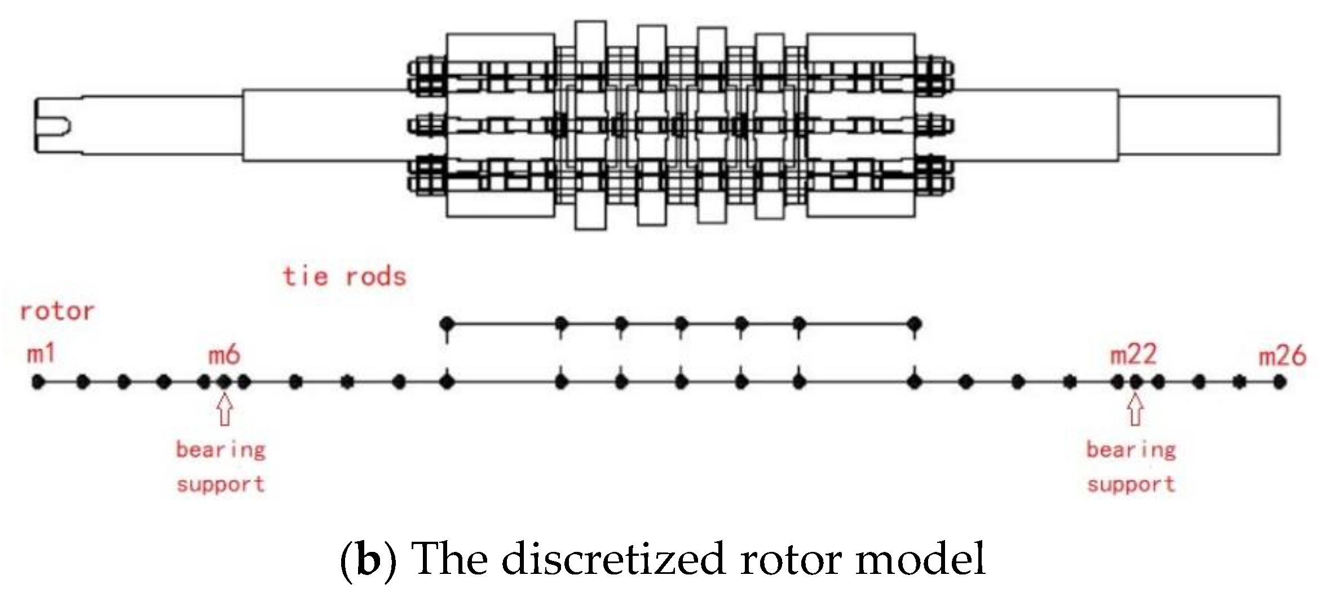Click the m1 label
coord(41,354)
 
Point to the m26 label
coord(1283,356)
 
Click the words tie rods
coord(345,277)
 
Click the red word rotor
coord(57,311)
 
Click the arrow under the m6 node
coord(224,410)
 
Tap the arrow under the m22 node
coord(1136,410)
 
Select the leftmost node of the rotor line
coord(38,382)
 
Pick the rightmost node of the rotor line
coord(1280,382)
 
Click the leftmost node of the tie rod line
coord(447,324)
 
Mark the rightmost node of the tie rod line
coord(915,324)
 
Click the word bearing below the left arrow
coord(220,450)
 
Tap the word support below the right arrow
coord(1131,484)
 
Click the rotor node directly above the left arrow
coord(224,382)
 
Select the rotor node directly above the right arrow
coord(1136,382)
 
